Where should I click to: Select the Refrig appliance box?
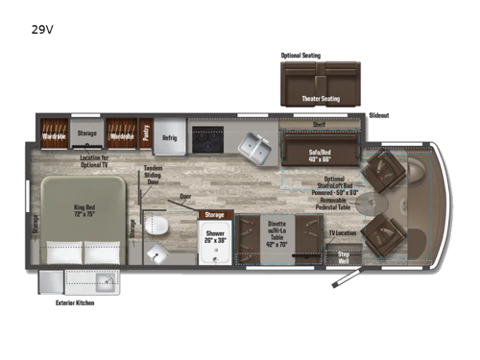pyautogui.click(x=169, y=136)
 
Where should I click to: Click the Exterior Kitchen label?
pyautogui.click(x=76, y=304)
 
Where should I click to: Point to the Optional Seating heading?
pyautogui.click(x=300, y=56)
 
